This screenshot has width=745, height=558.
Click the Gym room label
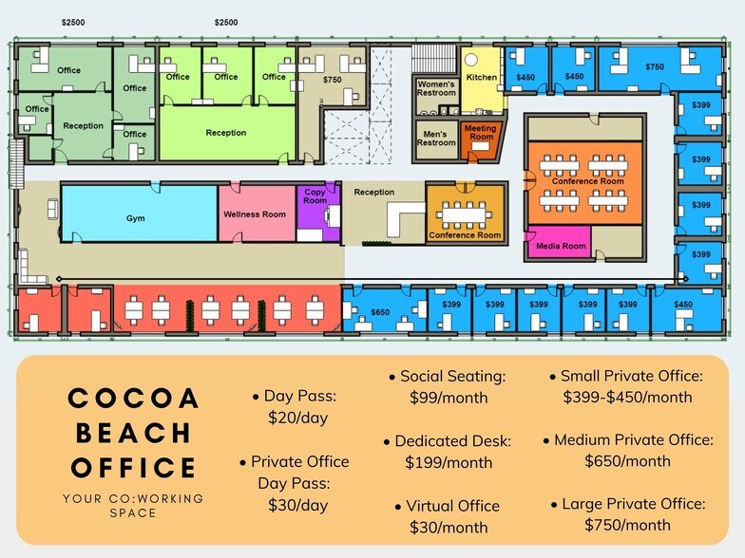136,218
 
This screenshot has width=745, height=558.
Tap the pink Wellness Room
255,214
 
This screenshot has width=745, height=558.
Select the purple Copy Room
315,197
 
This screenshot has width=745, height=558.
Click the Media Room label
561,247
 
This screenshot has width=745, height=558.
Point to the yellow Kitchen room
481,77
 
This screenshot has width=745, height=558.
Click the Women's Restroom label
436,88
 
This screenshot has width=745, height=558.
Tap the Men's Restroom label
436,139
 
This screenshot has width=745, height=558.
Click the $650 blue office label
379,312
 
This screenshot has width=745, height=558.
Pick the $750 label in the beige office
332,81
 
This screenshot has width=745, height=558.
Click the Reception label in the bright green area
225,133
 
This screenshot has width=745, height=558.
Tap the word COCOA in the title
134,399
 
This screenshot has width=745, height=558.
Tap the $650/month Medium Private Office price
627,461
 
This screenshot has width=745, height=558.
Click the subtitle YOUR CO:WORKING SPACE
133,505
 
